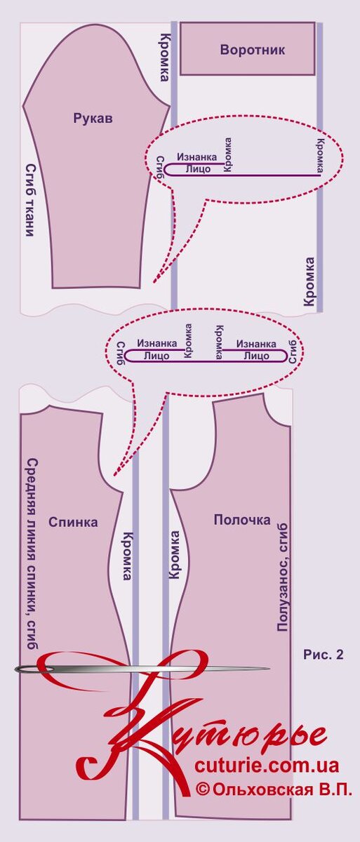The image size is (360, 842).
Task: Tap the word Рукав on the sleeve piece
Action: click(x=93, y=119)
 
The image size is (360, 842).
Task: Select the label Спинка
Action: click(x=73, y=522)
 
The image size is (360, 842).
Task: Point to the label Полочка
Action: click(x=242, y=520)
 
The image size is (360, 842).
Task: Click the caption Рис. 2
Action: click(x=324, y=655)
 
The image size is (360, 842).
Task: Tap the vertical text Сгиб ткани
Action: click(x=31, y=199)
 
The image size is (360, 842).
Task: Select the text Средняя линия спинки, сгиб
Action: click(x=33, y=554)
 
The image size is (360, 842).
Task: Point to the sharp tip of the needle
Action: click(x=269, y=669)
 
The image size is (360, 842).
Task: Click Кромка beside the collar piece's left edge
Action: click(x=164, y=58)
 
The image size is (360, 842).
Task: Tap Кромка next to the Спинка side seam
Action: click(x=128, y=556)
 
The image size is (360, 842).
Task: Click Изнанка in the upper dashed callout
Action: click(x=197, y=156)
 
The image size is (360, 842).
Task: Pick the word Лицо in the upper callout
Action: click(x=199, y=169)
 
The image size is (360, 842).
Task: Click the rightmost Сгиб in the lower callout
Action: click(x=293, y=352)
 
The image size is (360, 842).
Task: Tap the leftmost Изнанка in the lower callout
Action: click(x=157, y=343)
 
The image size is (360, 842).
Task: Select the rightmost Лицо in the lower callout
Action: click(x=257, y=356)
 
